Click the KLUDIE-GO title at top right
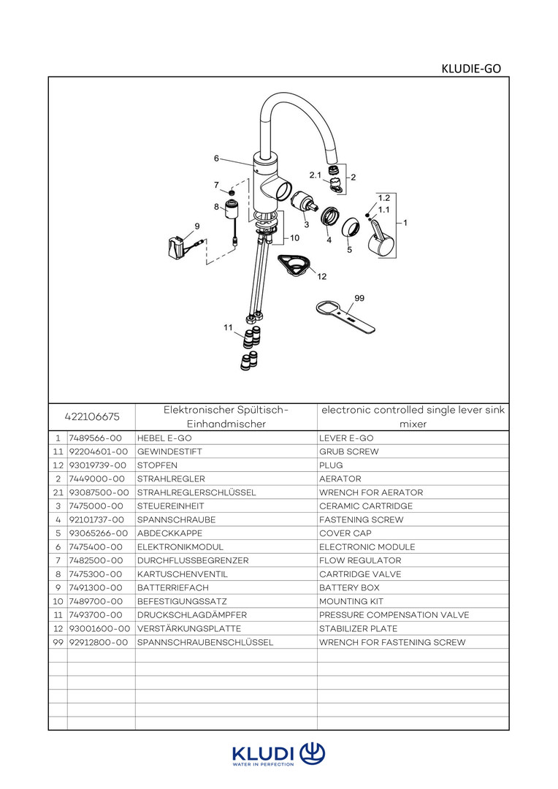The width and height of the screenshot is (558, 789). [x=471, y=69]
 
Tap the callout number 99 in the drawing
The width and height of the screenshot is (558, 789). [x=359, y=298]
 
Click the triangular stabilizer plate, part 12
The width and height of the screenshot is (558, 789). [x=295, y=264]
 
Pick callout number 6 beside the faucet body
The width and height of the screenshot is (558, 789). [x=216, y=158]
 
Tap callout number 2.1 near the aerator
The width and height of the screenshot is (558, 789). [x=316, y=175]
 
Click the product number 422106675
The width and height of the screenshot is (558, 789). [x=92, y=417]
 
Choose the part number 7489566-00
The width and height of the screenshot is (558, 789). [x=91, y=438]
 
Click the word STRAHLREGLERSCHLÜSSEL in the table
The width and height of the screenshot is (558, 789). [x=196, y=492]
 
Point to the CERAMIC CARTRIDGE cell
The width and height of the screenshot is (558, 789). [x=366, y=506]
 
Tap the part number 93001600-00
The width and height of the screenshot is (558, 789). [x=99, y=628]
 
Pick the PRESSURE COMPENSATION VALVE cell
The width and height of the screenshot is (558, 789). [x=394, y=615]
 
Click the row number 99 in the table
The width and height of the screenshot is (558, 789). [x=57, y=642]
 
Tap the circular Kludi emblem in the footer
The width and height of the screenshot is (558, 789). [x=312, y=753]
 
